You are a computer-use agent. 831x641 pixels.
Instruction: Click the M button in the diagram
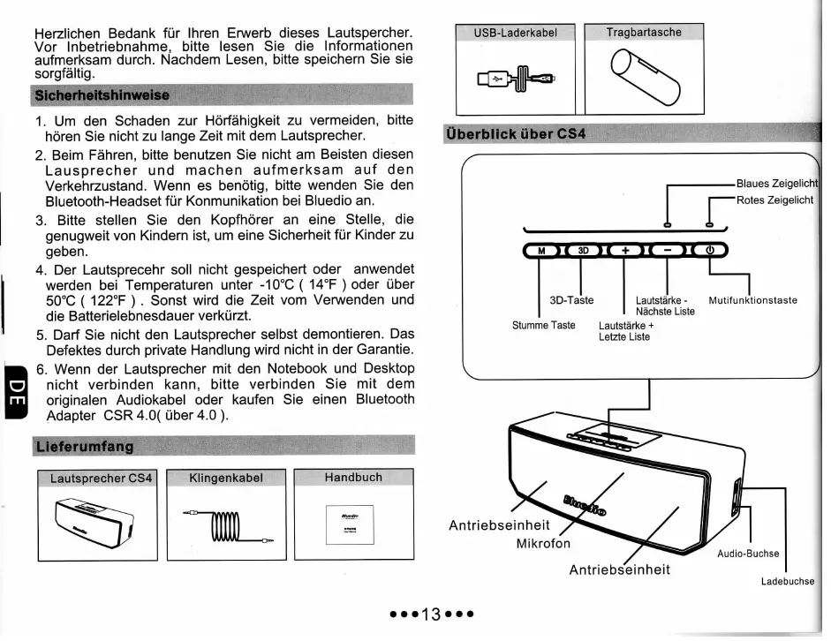tap(542, 251)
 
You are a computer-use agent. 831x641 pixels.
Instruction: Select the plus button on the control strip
tap(625, 251)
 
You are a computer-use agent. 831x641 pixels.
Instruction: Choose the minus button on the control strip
tap(668, 251)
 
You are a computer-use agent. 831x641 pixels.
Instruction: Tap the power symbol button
tap(708, 251)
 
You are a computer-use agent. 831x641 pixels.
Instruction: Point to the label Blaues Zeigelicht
tap(777, 183)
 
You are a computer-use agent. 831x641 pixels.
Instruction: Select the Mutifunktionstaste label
tap(752, 300)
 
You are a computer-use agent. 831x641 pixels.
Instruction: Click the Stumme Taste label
tap(544, 326)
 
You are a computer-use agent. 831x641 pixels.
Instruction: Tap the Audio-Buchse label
tap(747, 554)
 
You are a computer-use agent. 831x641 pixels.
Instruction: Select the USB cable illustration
tap(515, 80)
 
